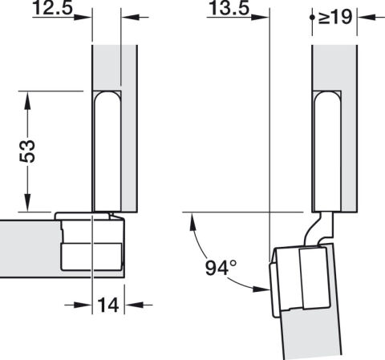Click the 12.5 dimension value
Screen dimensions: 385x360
click(x=53, y=7)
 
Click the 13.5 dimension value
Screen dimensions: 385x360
click(x=229, y=7)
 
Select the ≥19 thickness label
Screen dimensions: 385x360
click(x=335, y=17)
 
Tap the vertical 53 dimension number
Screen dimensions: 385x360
click(x=27, y=151)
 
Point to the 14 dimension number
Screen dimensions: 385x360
click(x=108, y=305)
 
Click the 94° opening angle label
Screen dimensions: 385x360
click(x=221, y=268)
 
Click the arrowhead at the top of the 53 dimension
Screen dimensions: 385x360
click(x=27, y=100)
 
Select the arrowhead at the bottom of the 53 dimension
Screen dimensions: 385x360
click(x=27, y=203)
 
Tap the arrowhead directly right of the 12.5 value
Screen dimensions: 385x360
click(x=83, y=18)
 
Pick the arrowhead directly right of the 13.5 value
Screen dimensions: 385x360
click(x=260, y=18)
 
